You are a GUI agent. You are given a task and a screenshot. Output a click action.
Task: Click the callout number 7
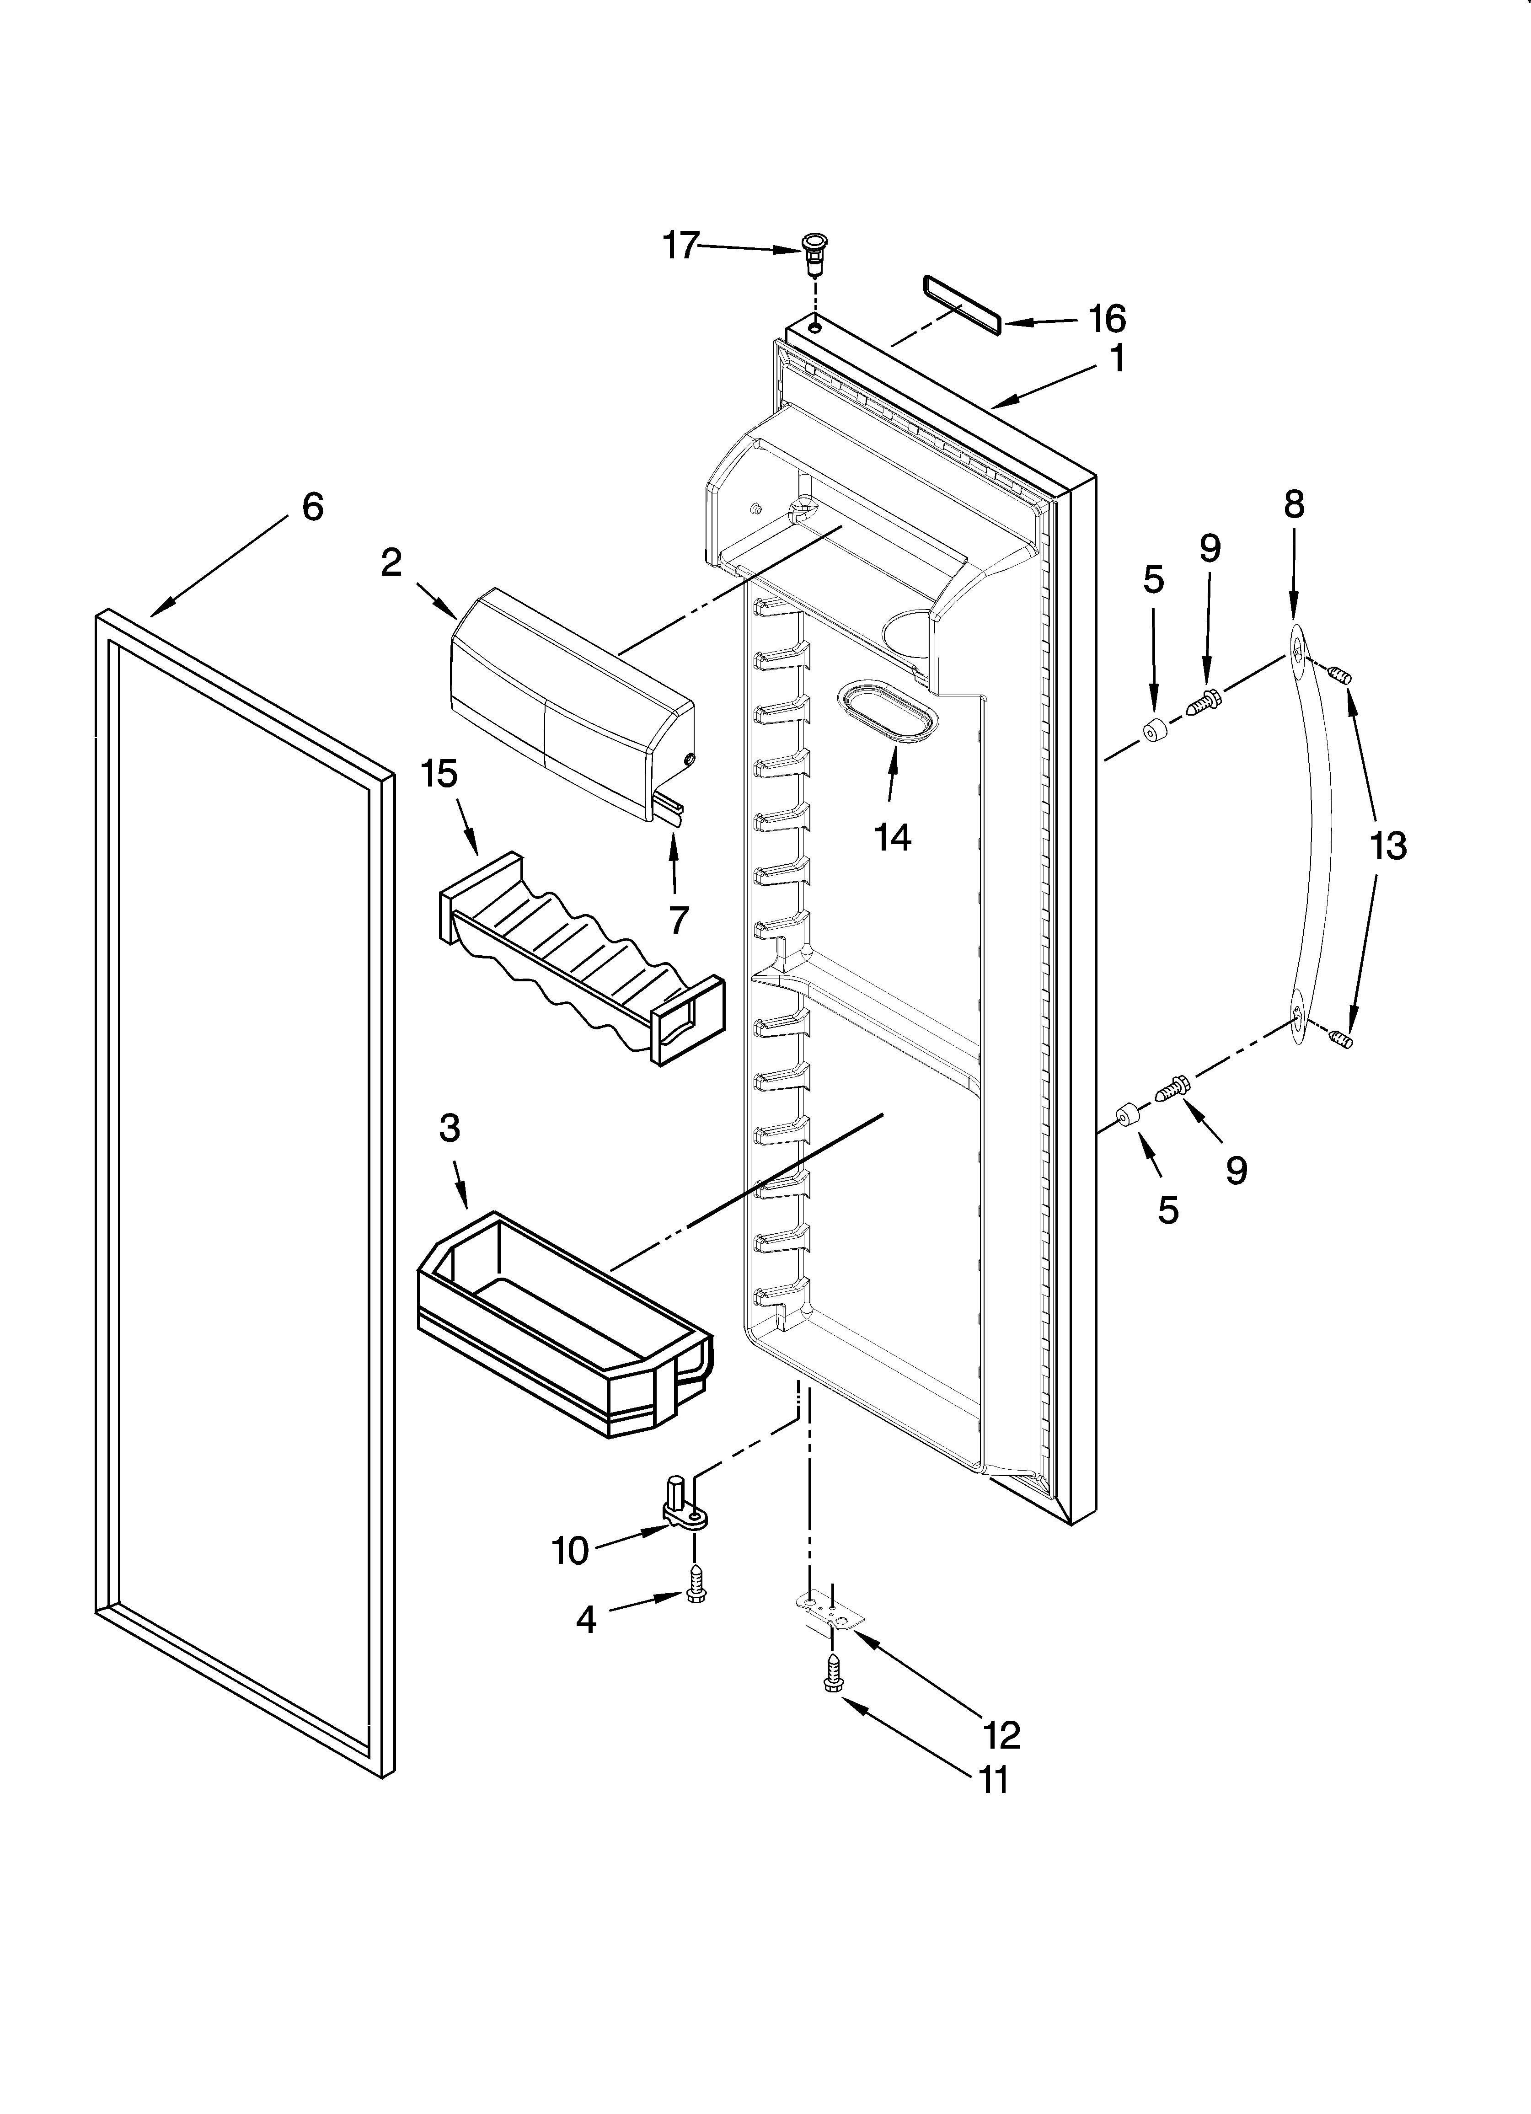[678, 920]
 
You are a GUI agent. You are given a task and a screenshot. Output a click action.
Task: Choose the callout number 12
[1001, 1734]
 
